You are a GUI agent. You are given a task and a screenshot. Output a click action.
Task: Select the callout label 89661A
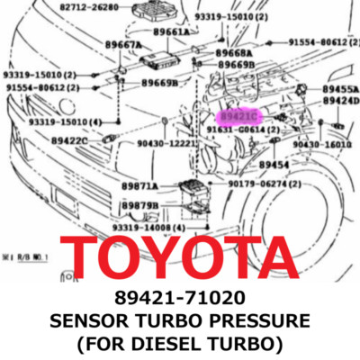coord(171,31)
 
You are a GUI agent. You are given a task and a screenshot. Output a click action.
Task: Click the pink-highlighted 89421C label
coord(240,117)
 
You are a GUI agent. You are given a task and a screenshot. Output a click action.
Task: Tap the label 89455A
coord(340,90)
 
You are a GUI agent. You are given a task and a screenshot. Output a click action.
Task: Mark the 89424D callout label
coord(340,102)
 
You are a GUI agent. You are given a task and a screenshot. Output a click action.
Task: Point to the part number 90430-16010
coord(328,143)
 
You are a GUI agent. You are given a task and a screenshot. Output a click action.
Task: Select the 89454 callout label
coord(274,165)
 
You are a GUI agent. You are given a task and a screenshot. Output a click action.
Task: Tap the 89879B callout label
coord(139,205)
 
